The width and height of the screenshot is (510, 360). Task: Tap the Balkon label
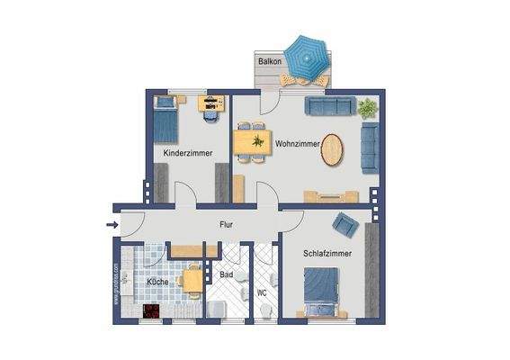click(x=269, y=62)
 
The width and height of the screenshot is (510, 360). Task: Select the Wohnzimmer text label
click(x=298, y=143)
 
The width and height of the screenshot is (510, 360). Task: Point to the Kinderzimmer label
click(x=187, y=154)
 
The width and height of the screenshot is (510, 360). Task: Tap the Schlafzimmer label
click(x=327, y=255)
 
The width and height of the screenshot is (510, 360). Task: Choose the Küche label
click(x=158, y=282)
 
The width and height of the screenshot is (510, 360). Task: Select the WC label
click(x=262, y=292)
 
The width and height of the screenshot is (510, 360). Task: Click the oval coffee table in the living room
click(x=332, y=149)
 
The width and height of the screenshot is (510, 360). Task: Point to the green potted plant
click(x=366, y=109)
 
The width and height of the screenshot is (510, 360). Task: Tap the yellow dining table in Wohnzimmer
click(x=251, y=142)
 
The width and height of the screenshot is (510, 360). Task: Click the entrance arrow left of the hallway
click(x=112, y=225)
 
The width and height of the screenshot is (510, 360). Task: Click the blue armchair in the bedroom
click(x=344, y=222)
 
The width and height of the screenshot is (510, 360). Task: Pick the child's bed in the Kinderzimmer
click(x=166, y=118)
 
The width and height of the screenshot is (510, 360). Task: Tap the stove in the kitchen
click(x=150, y=311)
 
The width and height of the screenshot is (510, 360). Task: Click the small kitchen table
click(x=192, y=281)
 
